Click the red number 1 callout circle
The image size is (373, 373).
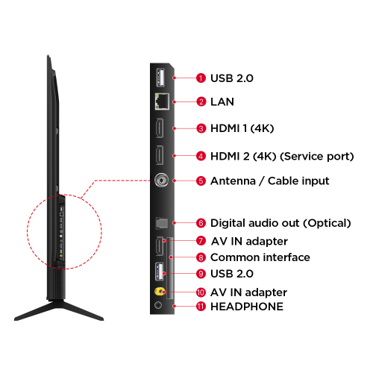pos(201,78)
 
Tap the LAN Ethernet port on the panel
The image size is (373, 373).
pos(162,101)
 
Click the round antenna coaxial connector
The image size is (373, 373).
pos(161,180)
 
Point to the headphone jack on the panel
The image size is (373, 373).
pos(158,305)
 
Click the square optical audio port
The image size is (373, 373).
pos(162,223)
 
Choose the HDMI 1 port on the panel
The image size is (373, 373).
pos(160,128)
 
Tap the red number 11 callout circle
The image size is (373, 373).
pos(201,307)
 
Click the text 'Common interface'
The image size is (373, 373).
pos(260,257)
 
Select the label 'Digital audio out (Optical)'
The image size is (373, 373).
pos(280,223)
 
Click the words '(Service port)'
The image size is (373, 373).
pos(317,156)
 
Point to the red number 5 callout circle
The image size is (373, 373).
pos(201,181)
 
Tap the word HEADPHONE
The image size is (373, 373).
pos(247,307)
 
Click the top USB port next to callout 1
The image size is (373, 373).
pos(160,78)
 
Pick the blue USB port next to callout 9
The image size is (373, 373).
pos(160,272)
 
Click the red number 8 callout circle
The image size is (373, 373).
pos(201,257)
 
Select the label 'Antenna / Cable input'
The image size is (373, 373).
pos(270,181)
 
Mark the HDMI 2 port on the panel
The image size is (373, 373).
pos(160,155)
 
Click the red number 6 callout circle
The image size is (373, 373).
pos(201,223)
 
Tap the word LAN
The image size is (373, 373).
pos(222,101)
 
